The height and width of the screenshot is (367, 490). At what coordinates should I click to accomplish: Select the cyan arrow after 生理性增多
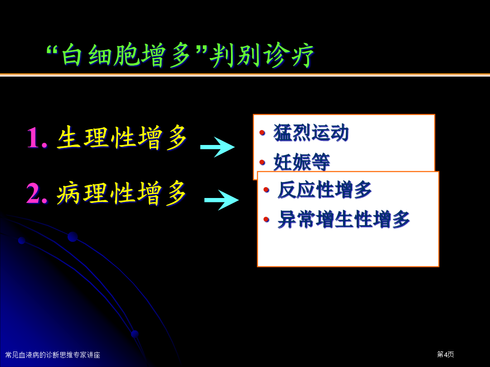click(217, 147)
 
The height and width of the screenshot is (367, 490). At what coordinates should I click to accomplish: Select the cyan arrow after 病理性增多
click(221, 200)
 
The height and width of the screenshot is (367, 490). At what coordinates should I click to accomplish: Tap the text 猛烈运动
click(311, 132)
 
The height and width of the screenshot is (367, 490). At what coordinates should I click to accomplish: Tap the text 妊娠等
click(302, 162)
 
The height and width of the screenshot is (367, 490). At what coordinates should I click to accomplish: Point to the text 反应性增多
click(324, 189)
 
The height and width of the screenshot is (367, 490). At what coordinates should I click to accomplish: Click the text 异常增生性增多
click(343, 219)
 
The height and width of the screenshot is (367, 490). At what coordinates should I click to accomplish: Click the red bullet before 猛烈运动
click(262, 133)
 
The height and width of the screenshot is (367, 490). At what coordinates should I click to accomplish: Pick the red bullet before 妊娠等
click(262, 162)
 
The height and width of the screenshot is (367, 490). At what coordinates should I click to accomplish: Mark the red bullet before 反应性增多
click(266, 189)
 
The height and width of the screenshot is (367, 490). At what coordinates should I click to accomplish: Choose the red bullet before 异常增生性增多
click(266, 219)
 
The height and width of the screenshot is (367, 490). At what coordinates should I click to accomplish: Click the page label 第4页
click(446, 354)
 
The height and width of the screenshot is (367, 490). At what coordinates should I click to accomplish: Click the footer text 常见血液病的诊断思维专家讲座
click(53, 355)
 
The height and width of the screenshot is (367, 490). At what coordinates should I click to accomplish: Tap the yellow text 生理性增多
click(122, 137)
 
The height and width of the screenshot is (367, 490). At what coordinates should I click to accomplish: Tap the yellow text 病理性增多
click(122, 193)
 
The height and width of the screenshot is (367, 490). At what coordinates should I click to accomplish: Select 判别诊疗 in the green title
click(261, 55)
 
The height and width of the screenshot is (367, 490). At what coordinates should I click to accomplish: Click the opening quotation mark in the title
click(53, 50)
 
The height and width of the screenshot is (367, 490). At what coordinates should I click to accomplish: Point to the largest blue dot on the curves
click(73, 237)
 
